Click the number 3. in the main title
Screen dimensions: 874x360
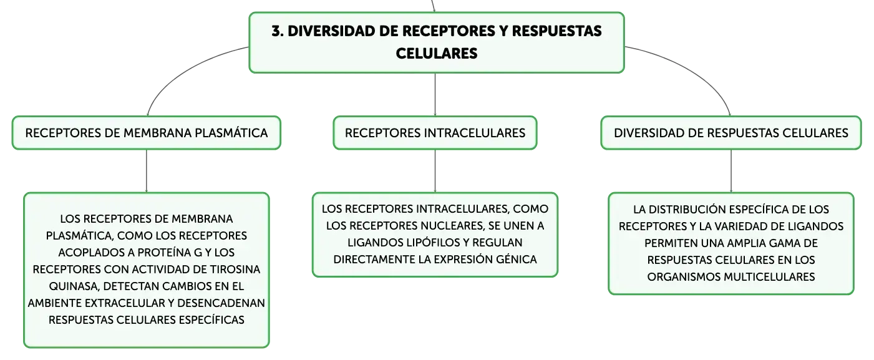(278, 31)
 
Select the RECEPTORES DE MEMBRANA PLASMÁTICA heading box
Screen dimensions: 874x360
(147, 133)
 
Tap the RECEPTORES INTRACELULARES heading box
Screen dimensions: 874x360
(435, 133)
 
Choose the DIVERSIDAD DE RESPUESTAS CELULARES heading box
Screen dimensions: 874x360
(731, 133)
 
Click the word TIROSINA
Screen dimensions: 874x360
(235, 270)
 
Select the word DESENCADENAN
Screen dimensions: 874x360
(221, 303)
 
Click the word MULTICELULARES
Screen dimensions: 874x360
(769, 277)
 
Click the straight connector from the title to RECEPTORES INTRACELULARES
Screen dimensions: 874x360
(435, 94)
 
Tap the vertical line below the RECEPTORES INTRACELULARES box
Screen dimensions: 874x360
(435, 171)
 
